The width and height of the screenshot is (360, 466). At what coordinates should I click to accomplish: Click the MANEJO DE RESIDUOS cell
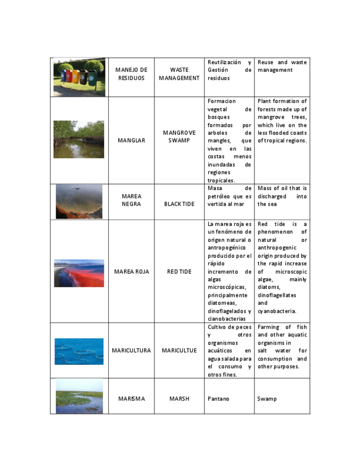coord(131,74)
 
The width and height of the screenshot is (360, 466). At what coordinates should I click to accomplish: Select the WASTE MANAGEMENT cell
coord(179,74)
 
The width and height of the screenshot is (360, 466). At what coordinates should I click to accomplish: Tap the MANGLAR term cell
coord(131,141)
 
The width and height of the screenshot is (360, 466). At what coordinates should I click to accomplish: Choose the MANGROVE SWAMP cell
coord(179,137)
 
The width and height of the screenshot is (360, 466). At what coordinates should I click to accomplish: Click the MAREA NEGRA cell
coord(131,200)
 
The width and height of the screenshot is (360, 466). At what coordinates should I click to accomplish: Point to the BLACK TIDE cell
coord(179,204)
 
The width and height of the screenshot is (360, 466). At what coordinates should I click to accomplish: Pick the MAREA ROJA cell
coord(131,271)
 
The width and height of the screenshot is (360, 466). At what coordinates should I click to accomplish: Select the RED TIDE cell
coord(179,271)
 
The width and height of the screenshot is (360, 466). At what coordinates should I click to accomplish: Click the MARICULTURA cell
coord(131,351)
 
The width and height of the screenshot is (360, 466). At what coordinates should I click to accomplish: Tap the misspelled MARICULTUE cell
coord(179,351)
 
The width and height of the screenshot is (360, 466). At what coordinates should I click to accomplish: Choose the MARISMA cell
coord(131,398)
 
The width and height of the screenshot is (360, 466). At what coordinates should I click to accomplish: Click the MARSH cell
coord(179,398)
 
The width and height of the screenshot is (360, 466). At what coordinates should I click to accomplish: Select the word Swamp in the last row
coord(267,398)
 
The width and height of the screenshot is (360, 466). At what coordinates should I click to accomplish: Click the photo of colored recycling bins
coord(79,77)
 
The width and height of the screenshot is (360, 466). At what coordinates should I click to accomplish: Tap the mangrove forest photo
coord(79,140)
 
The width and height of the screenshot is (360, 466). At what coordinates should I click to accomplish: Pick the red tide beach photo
coord(79,273)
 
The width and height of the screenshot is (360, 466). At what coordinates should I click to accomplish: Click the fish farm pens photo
coord(79,351)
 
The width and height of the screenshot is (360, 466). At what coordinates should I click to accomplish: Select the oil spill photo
coord(79,202)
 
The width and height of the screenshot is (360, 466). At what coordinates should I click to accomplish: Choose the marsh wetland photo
coord(79,396)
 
